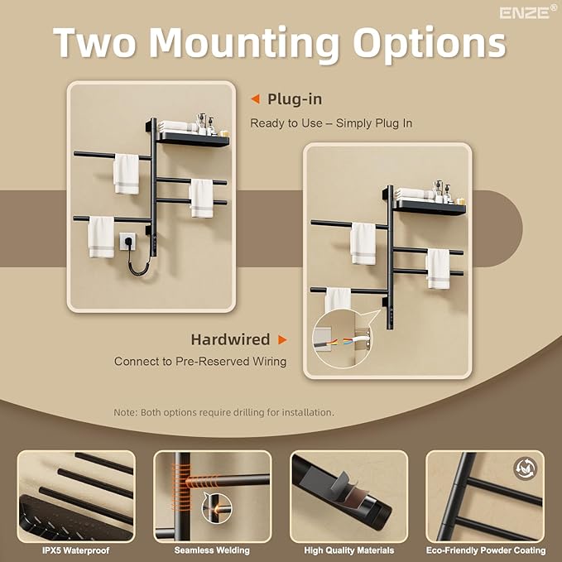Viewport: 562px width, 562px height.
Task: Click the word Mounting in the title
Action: pyautogui.click(x=244, y=44)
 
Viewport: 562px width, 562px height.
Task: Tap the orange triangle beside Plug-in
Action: pyautogui.click(x=255, y=99)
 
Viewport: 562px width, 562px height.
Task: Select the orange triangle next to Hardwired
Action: pyautogui.click(x=283, y=339)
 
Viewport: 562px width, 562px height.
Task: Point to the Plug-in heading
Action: pyautogui.click(x=295, y=99)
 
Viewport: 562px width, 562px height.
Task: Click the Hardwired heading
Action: pyautogui.click(x=230, y=339)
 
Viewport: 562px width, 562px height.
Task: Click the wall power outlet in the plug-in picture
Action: pyautogui.click(x=127, y=241)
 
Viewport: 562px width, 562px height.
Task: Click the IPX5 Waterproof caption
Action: pyautogui.click(x=76, y=550)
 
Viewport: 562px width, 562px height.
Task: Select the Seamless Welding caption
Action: pyautogui.click(x=212, y=550)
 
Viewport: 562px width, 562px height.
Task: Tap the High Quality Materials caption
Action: pyautogui.click(x=348, y=550)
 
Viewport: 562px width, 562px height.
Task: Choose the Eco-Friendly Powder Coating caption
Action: pyautogui.click(x=486, y=550)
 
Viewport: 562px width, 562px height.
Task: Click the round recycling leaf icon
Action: pyautogui.click(x=525, y=468)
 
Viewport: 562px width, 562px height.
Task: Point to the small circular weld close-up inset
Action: pyautogui.click(x=217, y=508)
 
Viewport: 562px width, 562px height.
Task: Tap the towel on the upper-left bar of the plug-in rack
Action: pyautogui.click(x=126, y=174)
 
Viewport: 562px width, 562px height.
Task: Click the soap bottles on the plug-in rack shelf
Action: pyautogui.click(x=207, y=123)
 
